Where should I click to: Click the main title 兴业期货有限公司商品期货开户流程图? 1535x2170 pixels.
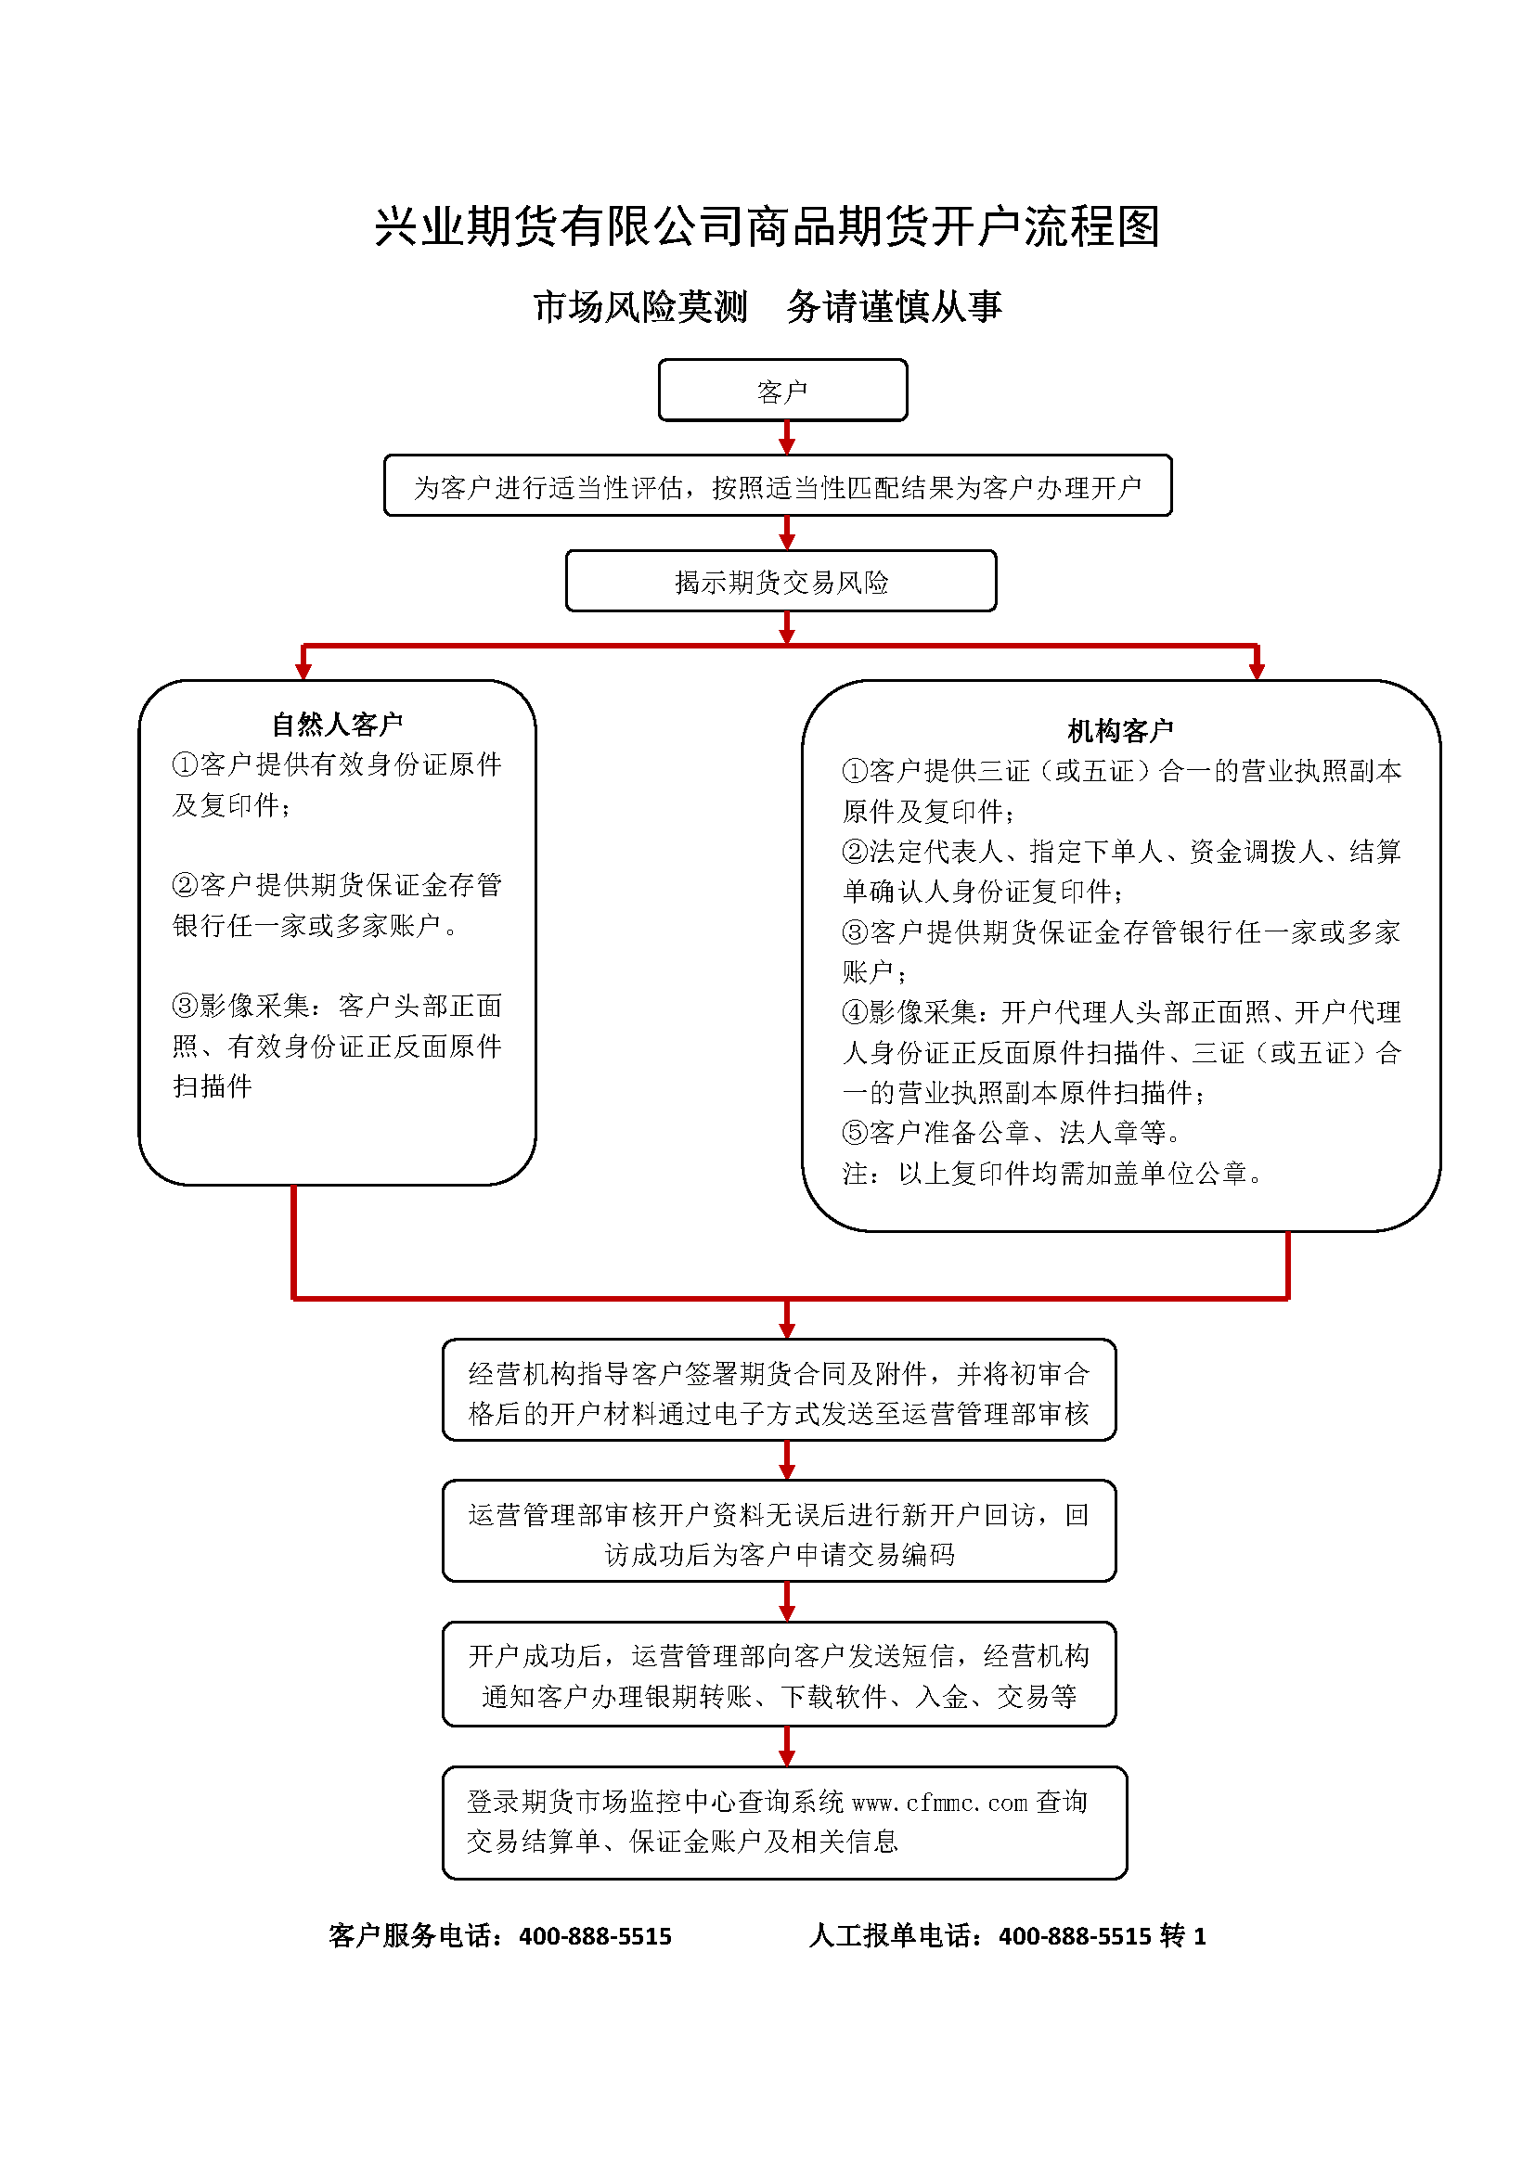point(767,226)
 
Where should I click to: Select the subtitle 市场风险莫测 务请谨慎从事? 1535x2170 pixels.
point(767,307)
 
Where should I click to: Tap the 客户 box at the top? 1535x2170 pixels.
point(782,391)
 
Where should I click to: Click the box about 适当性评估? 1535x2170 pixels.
point(777,487)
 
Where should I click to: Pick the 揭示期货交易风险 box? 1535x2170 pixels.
point(780,583)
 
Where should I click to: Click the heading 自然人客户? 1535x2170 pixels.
point(337,724)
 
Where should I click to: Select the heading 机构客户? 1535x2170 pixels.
point(1120,730)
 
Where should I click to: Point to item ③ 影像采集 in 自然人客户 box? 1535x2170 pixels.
point(337,1046)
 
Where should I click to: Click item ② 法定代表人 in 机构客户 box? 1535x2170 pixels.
point(1120,870)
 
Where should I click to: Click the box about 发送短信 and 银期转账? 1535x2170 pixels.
point(779,1676)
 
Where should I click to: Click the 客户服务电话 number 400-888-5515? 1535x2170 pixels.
point(595,1936)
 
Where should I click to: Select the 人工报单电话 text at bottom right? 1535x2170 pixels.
point(1007,1936)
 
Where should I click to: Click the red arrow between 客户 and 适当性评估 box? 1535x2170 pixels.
point(786,439)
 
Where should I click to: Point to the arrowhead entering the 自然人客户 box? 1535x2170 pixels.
point(303,671)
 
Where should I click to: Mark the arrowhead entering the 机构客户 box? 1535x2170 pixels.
point(1257,671)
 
